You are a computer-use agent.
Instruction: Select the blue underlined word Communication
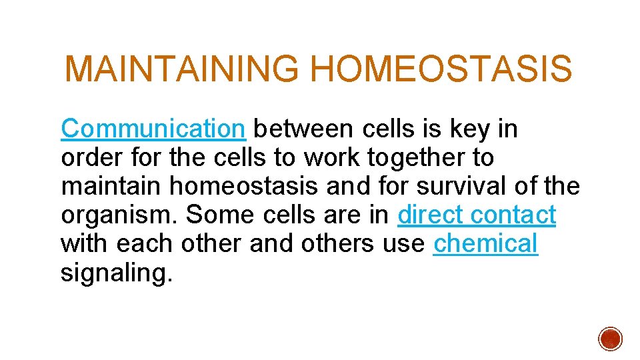(153, 129)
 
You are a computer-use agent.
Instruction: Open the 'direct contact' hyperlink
(476, 215)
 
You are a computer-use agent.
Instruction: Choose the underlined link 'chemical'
(485, 244)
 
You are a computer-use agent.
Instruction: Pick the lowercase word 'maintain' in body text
(111, 186)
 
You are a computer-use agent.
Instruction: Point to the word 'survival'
(461, 186)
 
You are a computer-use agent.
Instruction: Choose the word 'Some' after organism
(211, 215)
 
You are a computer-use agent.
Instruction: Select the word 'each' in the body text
(141, 244)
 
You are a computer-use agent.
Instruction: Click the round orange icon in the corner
(610, 338)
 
